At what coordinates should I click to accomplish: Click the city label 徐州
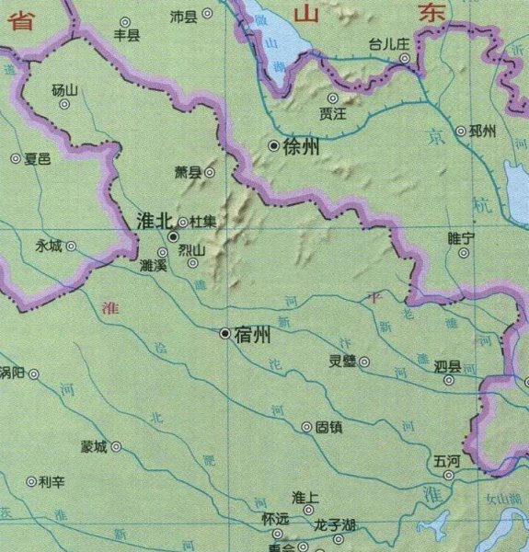pyautogui.click(x=301, y=146)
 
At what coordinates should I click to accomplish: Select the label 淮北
pyautogui.click(x=154, y=221)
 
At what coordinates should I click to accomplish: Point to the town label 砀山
pyautogui.click(x=65, y=89)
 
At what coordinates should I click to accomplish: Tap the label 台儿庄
pyautogui.click(x=387, y=43)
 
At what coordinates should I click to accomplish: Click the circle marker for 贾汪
pyautogui.click(x=334, y=98)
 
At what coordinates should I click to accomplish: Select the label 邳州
pyautogui.click(x=481, y=132)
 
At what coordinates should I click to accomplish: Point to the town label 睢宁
pyautogui.click(x=460, y=237)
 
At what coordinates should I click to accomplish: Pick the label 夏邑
pyautogui.click(x=37, y=158)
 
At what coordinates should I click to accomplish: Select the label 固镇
pyautogui.click(x=328, y=427)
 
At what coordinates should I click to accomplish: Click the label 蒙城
pyautogui.click(x=94, y=447)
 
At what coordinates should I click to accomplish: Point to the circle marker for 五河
pyautogui.click(x=448, y=475)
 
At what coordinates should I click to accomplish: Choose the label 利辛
pyautogui.click(x=52, y=481)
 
